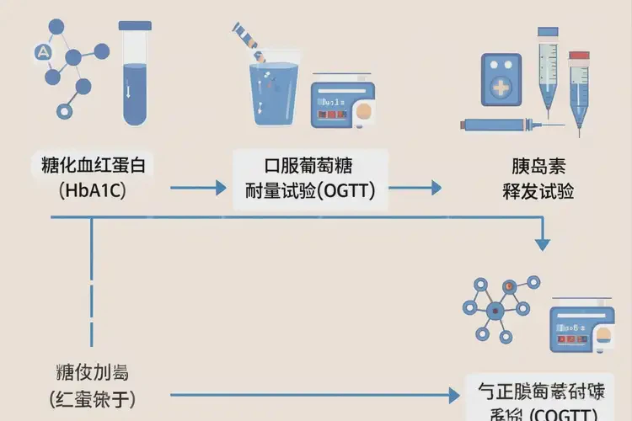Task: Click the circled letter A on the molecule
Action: pos(42,52)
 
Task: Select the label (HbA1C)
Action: pos(93,190)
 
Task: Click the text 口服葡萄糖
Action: pos(311,165)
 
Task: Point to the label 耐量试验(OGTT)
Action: pos(310,190)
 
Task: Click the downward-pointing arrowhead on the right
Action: pos(543,244)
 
